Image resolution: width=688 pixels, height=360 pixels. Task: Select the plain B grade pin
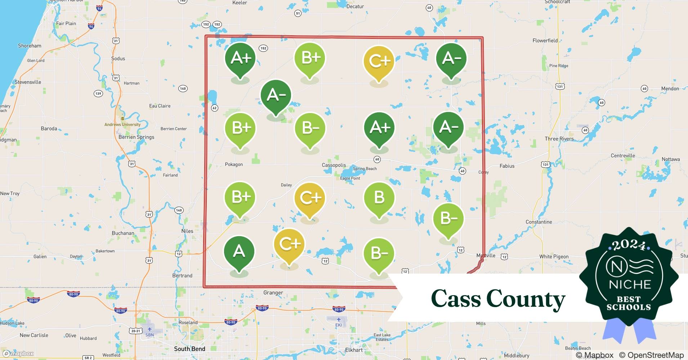pos(379,198)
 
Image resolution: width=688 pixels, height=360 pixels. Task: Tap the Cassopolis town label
pos(334,165)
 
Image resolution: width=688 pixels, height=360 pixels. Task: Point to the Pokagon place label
pos(234,165)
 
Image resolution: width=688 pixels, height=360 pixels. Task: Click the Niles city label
pos(187,231)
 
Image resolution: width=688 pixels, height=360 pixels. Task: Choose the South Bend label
pos(189,349)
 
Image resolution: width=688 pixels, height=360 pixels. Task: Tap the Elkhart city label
pos(354,350)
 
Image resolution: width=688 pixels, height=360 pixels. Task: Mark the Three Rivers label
pos(559,139)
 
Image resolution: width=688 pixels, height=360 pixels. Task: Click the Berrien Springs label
pos(136,137)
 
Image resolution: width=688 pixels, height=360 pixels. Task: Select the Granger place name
pos(273,293)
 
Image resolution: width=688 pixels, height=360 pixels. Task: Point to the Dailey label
pos(286,185)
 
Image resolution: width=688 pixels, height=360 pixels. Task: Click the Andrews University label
pos(122,125)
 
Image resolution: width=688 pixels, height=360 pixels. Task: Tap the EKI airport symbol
pos(338,320)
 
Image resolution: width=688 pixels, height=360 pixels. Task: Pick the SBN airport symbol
pos(149,329)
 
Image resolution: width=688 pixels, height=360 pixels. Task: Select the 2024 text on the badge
pos(629,246)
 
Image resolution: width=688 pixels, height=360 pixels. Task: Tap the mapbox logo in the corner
pos(19,354)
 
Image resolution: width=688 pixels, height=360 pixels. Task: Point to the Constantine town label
pos(539,222)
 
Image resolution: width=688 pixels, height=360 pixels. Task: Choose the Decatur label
pos(355,6)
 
